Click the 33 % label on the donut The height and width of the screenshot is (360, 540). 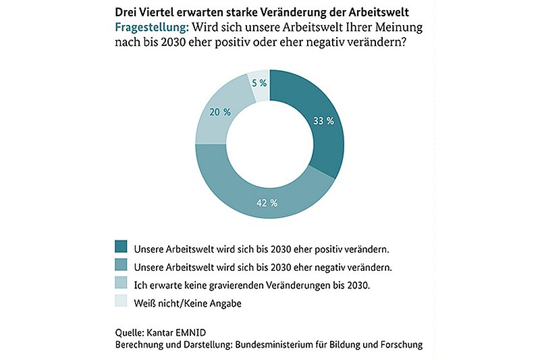point(323,121)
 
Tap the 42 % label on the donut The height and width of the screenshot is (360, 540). point(267,203)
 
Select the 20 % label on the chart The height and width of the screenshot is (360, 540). point(220,112)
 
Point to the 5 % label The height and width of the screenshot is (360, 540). point(259,83)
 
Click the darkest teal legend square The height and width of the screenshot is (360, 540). point(121,247)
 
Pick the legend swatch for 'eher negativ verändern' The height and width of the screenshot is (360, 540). point(121,265)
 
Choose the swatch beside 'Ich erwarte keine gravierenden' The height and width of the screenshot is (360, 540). point(121,282)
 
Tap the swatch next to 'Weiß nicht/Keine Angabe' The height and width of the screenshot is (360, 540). point(121,301)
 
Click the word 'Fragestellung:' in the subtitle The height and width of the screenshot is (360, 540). point(152,28)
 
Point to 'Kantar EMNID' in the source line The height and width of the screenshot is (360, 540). point(176,332)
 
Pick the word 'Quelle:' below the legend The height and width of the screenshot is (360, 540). point(130,333)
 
